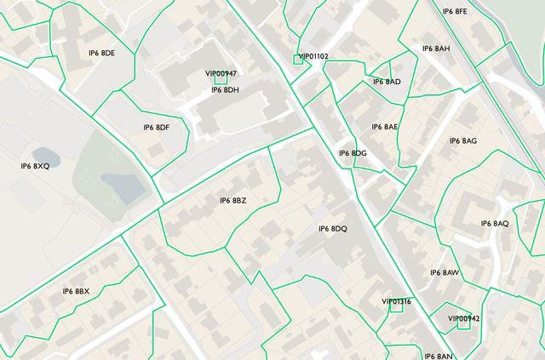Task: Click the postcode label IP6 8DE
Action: coord(101,54)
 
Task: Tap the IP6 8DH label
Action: coord(225,90)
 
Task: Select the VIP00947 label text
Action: coord(221,74)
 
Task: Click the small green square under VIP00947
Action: coord(221,82)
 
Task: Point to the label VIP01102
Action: coord(314,56)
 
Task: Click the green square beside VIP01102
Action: coord(297,59)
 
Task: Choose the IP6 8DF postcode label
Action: coord(157,128)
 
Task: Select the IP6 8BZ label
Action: coord(232,201)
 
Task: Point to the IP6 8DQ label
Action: coord(333,229)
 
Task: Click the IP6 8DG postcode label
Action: coord(353,153)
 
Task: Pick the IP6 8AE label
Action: coord(385,127)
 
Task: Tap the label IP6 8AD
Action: coord(387,82)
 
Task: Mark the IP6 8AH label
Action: coord(436,49)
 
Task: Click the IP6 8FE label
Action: coord(455,12)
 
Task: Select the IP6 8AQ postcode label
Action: coord(495,224)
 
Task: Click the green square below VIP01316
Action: coord(396,308)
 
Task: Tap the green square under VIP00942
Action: coord(464,323)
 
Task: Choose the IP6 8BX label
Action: coord(76,292)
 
